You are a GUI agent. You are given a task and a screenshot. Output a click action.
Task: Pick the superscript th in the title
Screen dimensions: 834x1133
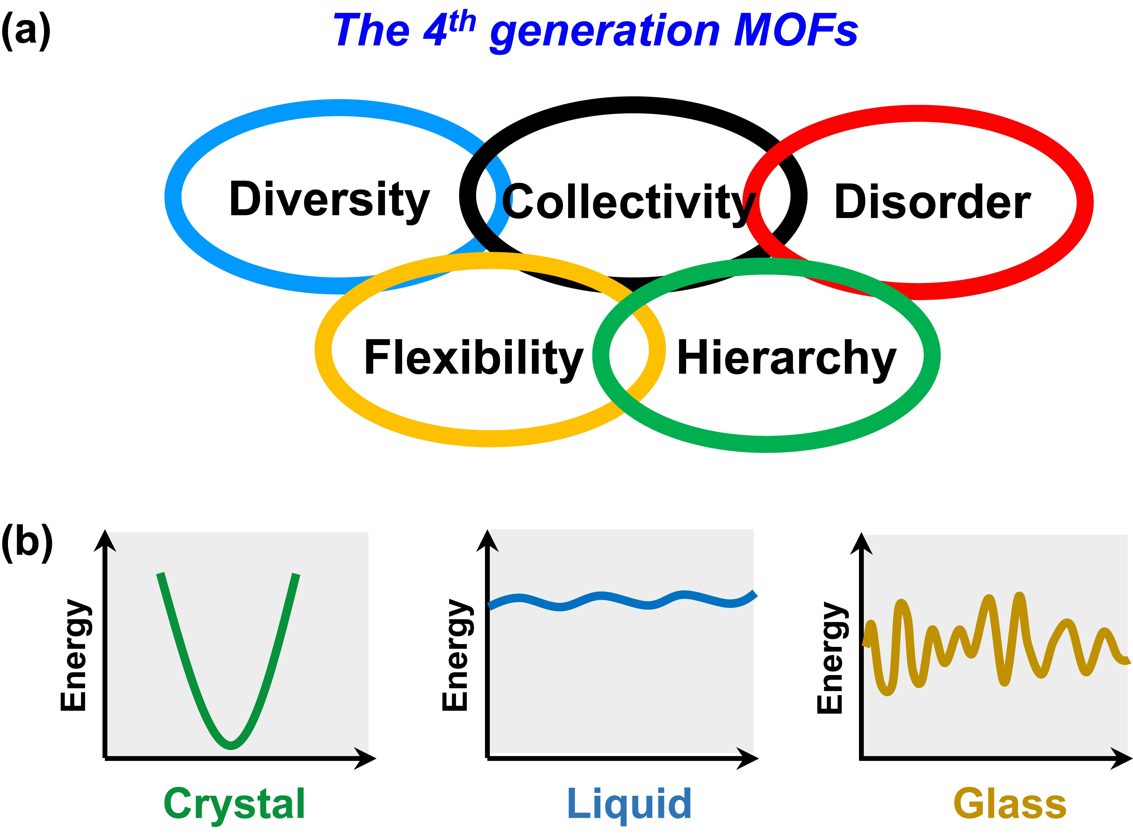tap(461, 21)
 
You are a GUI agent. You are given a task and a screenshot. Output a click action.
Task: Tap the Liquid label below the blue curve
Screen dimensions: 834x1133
tap(629, 803)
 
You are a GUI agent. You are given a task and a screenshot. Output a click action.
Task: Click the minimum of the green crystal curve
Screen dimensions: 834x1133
tap(231, 745)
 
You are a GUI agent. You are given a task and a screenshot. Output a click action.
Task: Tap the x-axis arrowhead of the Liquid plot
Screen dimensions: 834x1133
tap(749, 758)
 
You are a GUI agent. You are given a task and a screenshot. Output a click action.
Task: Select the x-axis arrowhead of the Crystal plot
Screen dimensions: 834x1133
tap(366, 758)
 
